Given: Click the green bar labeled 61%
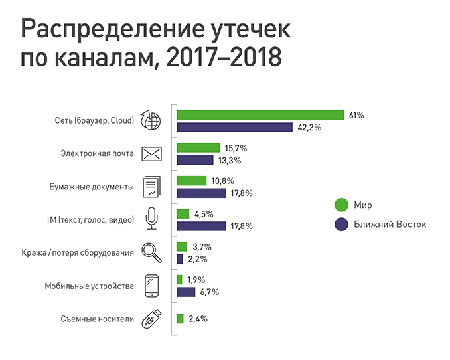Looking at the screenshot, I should coord(260,115).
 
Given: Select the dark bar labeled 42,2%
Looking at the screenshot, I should coord(235,127).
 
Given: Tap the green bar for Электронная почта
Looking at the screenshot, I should coord(198,148).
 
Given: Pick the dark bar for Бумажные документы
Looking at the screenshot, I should coord(202,193).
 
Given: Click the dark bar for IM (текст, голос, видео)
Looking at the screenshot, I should coord(202,226).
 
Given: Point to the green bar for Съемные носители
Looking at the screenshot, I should coord(181,319).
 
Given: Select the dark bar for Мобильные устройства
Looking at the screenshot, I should coord(187,292).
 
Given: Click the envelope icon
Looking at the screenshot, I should coord(153,154).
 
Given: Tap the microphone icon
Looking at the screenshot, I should coord(152,219).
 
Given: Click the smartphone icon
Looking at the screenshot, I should coord(152,286).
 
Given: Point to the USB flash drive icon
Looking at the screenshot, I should coord(152,319).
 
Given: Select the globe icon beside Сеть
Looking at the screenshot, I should coord(152,121).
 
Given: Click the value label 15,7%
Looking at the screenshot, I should coord(236,148).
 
